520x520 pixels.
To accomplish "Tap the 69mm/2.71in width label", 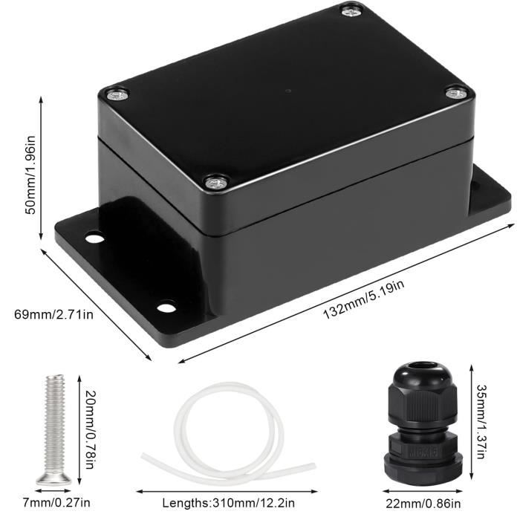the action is pyautogui.click(x=53, y=314).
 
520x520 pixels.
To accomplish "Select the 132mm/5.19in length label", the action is pyautogui.click(x=364, y=300).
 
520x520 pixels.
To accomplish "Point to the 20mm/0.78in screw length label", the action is pyautogui.click(x=91, y=429).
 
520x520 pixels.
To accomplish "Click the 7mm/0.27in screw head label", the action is pyautogui.click(x=56, y=503).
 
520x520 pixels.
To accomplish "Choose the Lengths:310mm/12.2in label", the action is pyautogui.click(x=228, y=503).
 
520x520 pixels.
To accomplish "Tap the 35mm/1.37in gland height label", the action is pyautogui.click(x=482, y=421).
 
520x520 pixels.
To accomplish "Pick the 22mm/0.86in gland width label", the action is pyautogui.click(x=423, y=504).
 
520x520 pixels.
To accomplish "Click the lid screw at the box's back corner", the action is pyautogui.click(x=352, y=12).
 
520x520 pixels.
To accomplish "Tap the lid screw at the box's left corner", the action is pyautogui.click(x=117, y=95).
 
